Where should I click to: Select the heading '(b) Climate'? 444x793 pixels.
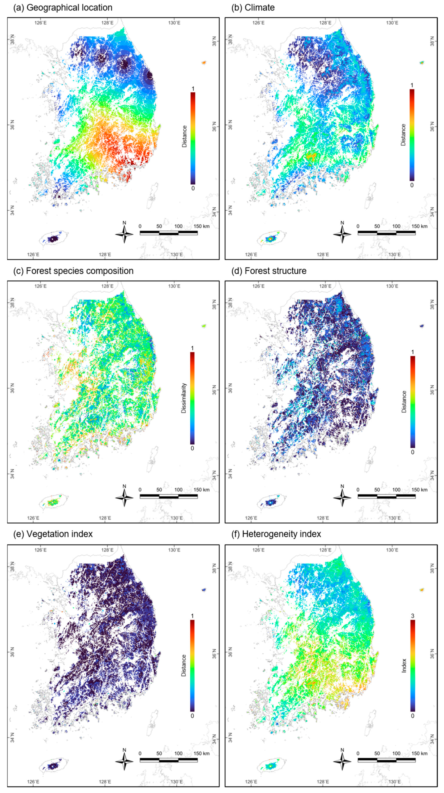253,8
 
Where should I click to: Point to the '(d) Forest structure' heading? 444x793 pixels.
269,271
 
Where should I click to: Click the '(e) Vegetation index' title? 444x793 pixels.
53,534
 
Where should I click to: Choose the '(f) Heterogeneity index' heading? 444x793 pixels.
276,534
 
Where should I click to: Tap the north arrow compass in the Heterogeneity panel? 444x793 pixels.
342,761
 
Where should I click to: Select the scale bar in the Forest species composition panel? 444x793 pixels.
169,496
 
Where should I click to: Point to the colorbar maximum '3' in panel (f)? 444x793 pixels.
413,616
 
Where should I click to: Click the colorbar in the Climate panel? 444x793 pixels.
412,135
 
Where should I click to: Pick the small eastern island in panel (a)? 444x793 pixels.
204,62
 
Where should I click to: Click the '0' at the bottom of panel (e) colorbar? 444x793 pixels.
192,716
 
